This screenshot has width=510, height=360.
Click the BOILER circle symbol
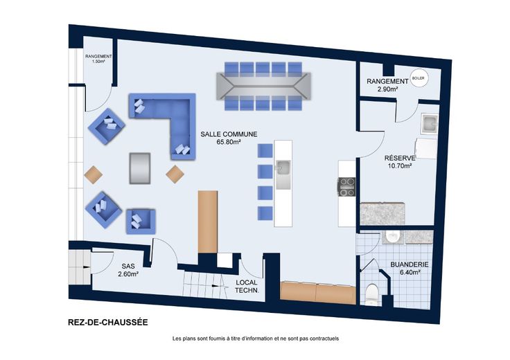pos(419,78)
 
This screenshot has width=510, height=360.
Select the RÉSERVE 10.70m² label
pos(400,162)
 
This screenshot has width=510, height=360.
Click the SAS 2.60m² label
pos(128,270)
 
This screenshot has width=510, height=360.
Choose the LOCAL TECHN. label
pos(247,286)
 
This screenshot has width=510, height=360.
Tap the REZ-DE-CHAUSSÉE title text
pos(108,323)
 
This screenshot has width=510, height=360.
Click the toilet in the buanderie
pos(371,294)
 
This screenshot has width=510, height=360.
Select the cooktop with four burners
pos(346,187)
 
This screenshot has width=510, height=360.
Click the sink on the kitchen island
pos(283,174)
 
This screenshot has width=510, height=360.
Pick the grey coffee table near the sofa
pos(140,168)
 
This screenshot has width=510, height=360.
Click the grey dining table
pos(264,87)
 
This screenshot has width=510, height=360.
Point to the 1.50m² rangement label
pos(98,58)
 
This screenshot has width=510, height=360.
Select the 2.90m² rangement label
pos(387,85)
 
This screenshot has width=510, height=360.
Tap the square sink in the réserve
pos(430,123)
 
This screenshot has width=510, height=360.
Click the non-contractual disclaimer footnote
pos(256,339)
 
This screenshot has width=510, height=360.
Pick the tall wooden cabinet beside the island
pos(208,222)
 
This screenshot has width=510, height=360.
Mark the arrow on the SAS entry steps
pos(87,267)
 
